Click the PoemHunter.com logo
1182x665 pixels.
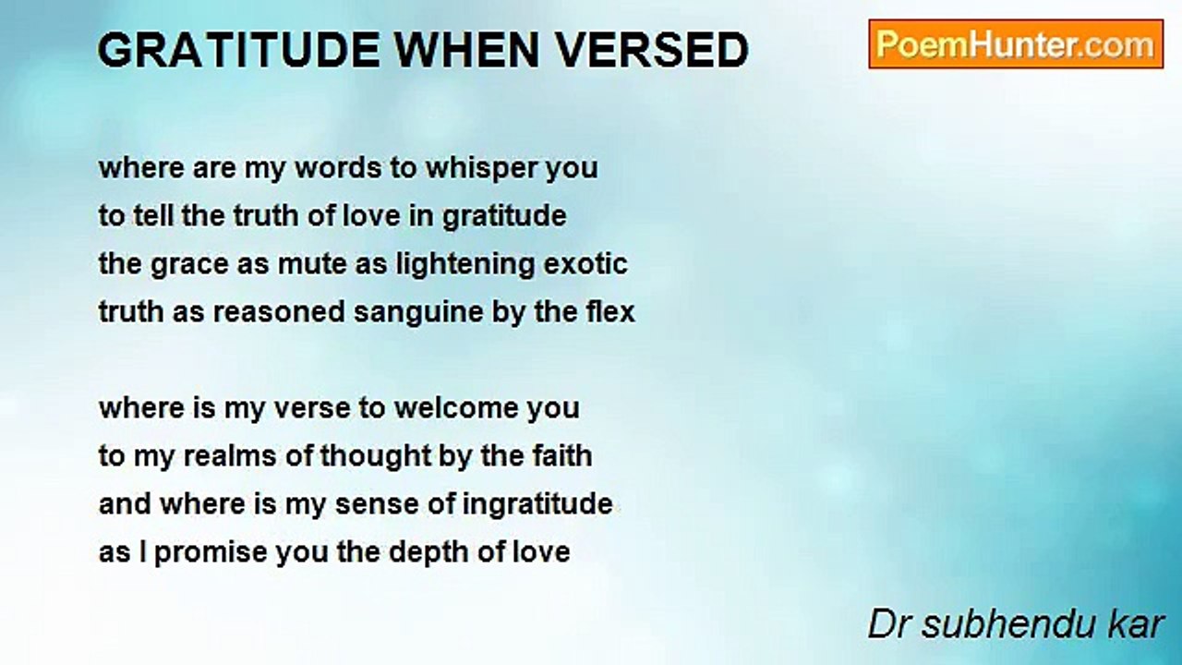pyautogui.click(x=1016, y=44)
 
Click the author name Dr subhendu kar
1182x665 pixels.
pyautogui.click(x=1016, y=624)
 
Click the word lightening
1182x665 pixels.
pyautogui.click(x=460, y=265)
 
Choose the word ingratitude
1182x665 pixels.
pyautogui.click(x=537, y=504)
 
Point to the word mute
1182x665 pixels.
pyautogui.click(x=308, y=265)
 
